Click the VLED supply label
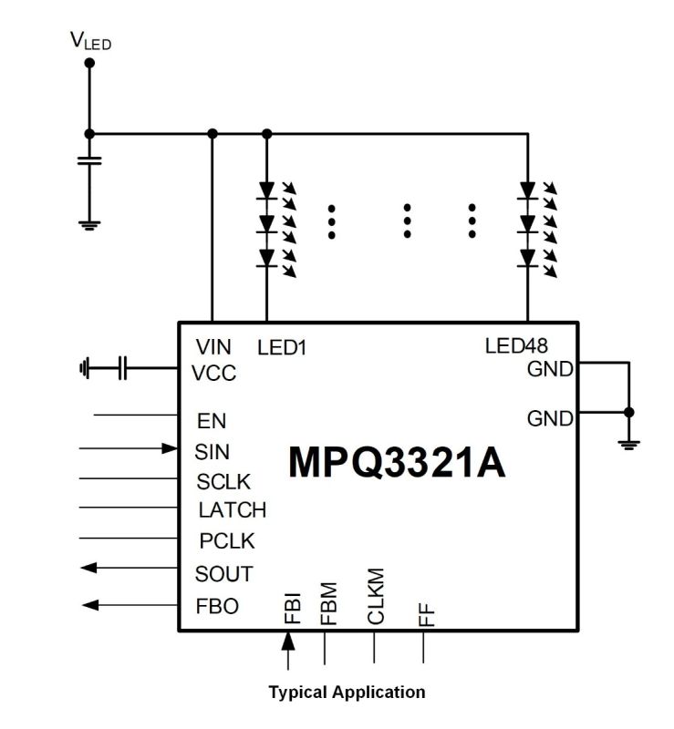[91, 40]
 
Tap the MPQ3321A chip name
[397, 462]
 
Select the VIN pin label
[213, 347]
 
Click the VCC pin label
[213, 373]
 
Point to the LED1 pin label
[282, 348]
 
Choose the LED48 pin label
[516, 346]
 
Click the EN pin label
[212, 421]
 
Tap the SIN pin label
[213, 452]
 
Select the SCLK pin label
[223, 482]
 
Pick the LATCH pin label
[233, 510]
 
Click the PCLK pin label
[227, 541]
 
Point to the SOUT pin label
[223, 574]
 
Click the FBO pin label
[217, 606]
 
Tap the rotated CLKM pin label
[376, 596]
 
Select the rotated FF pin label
[426, 614]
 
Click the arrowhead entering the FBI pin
[288, 641]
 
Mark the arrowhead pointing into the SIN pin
[170, 448]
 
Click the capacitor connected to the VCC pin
[122, 368]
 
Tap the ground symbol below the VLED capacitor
[89, 225]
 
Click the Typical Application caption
[347, 693]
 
